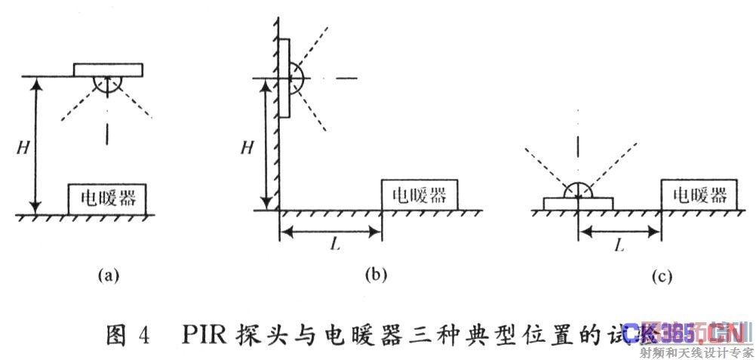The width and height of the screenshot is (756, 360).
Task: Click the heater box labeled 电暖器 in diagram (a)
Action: (107, 198)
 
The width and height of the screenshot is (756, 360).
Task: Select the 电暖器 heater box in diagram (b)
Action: (419, 195)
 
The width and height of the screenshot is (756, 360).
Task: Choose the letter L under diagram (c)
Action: (619, 246)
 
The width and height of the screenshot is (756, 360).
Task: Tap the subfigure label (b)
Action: (376, 275)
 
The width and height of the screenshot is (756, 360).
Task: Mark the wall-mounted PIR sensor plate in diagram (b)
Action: (285, 78)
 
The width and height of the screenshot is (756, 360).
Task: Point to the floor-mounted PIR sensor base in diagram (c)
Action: (578, 204)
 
